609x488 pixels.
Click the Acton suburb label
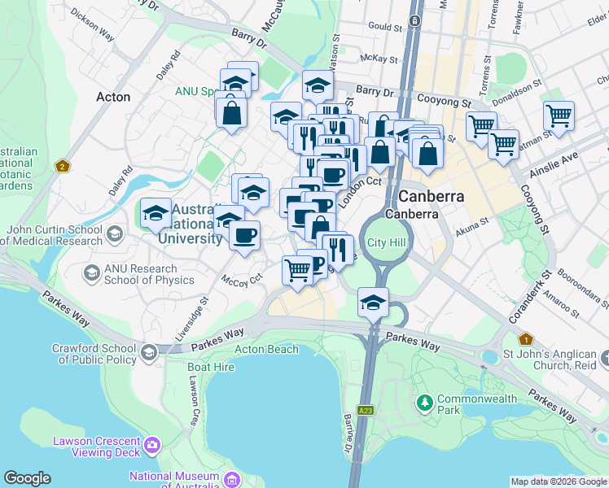tap(113, 97)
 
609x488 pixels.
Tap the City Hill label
tap(386, 243)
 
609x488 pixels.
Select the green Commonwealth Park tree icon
tap(423, 403)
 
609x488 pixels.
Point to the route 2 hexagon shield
tap(62, 167)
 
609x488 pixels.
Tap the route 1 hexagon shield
tap(526, 338)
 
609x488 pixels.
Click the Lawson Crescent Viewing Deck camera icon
tap(152, 446)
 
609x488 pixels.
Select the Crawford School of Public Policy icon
tap(148, 352)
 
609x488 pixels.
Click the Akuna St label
tap(472, 220)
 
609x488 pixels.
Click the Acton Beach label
tap(261, 349)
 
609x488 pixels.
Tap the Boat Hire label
tap(211, 367)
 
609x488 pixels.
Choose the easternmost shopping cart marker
tap(559, 116)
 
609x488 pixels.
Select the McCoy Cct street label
tap(243, 279)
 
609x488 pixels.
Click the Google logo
tap(27, 478)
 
